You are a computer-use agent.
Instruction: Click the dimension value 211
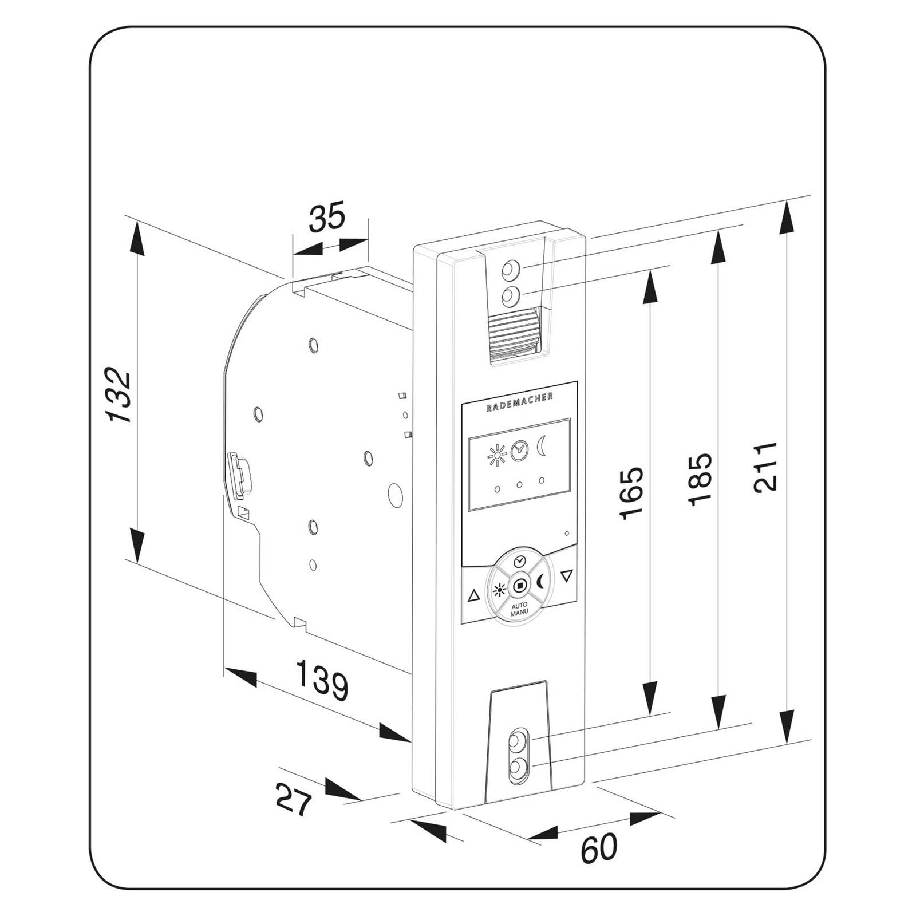click(765, 466)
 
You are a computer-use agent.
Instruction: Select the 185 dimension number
click(700, 479)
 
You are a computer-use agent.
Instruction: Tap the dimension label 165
click(632, 493)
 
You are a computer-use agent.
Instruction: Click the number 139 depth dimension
click(322, 680)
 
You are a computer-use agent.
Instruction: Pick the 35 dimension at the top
click(327, 217)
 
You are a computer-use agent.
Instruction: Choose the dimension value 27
click(294, 799)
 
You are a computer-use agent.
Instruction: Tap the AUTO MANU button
click(519, 609)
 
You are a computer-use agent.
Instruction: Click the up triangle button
click(473, 596)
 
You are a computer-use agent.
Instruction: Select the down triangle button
click(567, 575)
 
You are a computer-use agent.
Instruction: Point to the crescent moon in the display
click(542, 445)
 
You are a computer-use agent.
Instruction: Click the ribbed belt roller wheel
click(515, 335)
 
